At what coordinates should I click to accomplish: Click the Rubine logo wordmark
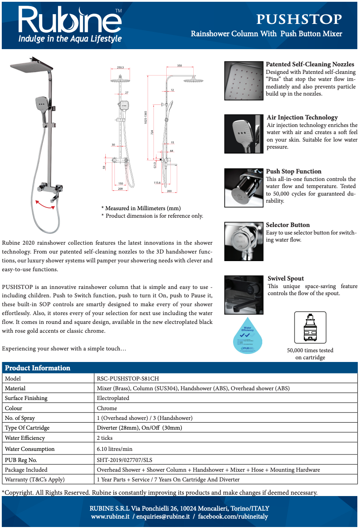coord(69,20)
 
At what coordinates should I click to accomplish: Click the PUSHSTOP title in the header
coord(299,19)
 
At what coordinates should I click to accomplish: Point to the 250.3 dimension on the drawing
coord(120,68)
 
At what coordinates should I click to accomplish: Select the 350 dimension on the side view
coord(179,65)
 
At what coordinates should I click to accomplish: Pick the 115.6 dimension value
coord(157,182)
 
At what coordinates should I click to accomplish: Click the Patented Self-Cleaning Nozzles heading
coord(310,65)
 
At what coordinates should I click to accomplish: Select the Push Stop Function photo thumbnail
coord(244,188)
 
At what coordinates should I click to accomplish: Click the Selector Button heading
coord(287,225)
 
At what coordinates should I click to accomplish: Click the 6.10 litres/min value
coord(115,449)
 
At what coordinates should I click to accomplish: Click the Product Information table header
coord(38,368)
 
